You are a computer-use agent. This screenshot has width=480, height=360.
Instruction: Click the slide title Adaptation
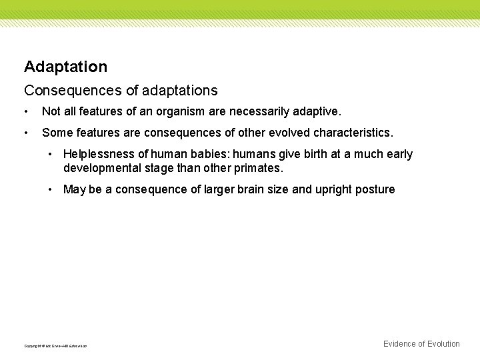65,67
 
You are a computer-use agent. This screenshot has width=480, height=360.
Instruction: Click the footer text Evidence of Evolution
421,344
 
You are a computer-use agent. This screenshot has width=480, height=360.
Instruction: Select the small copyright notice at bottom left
55,346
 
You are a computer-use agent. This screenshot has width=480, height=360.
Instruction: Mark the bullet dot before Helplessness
51,155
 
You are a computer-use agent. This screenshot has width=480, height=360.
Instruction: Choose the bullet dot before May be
51,190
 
